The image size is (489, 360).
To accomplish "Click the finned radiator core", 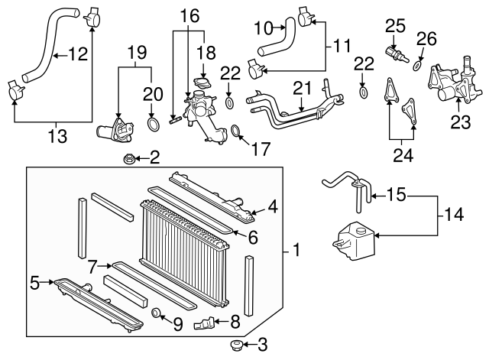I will (183, 229).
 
